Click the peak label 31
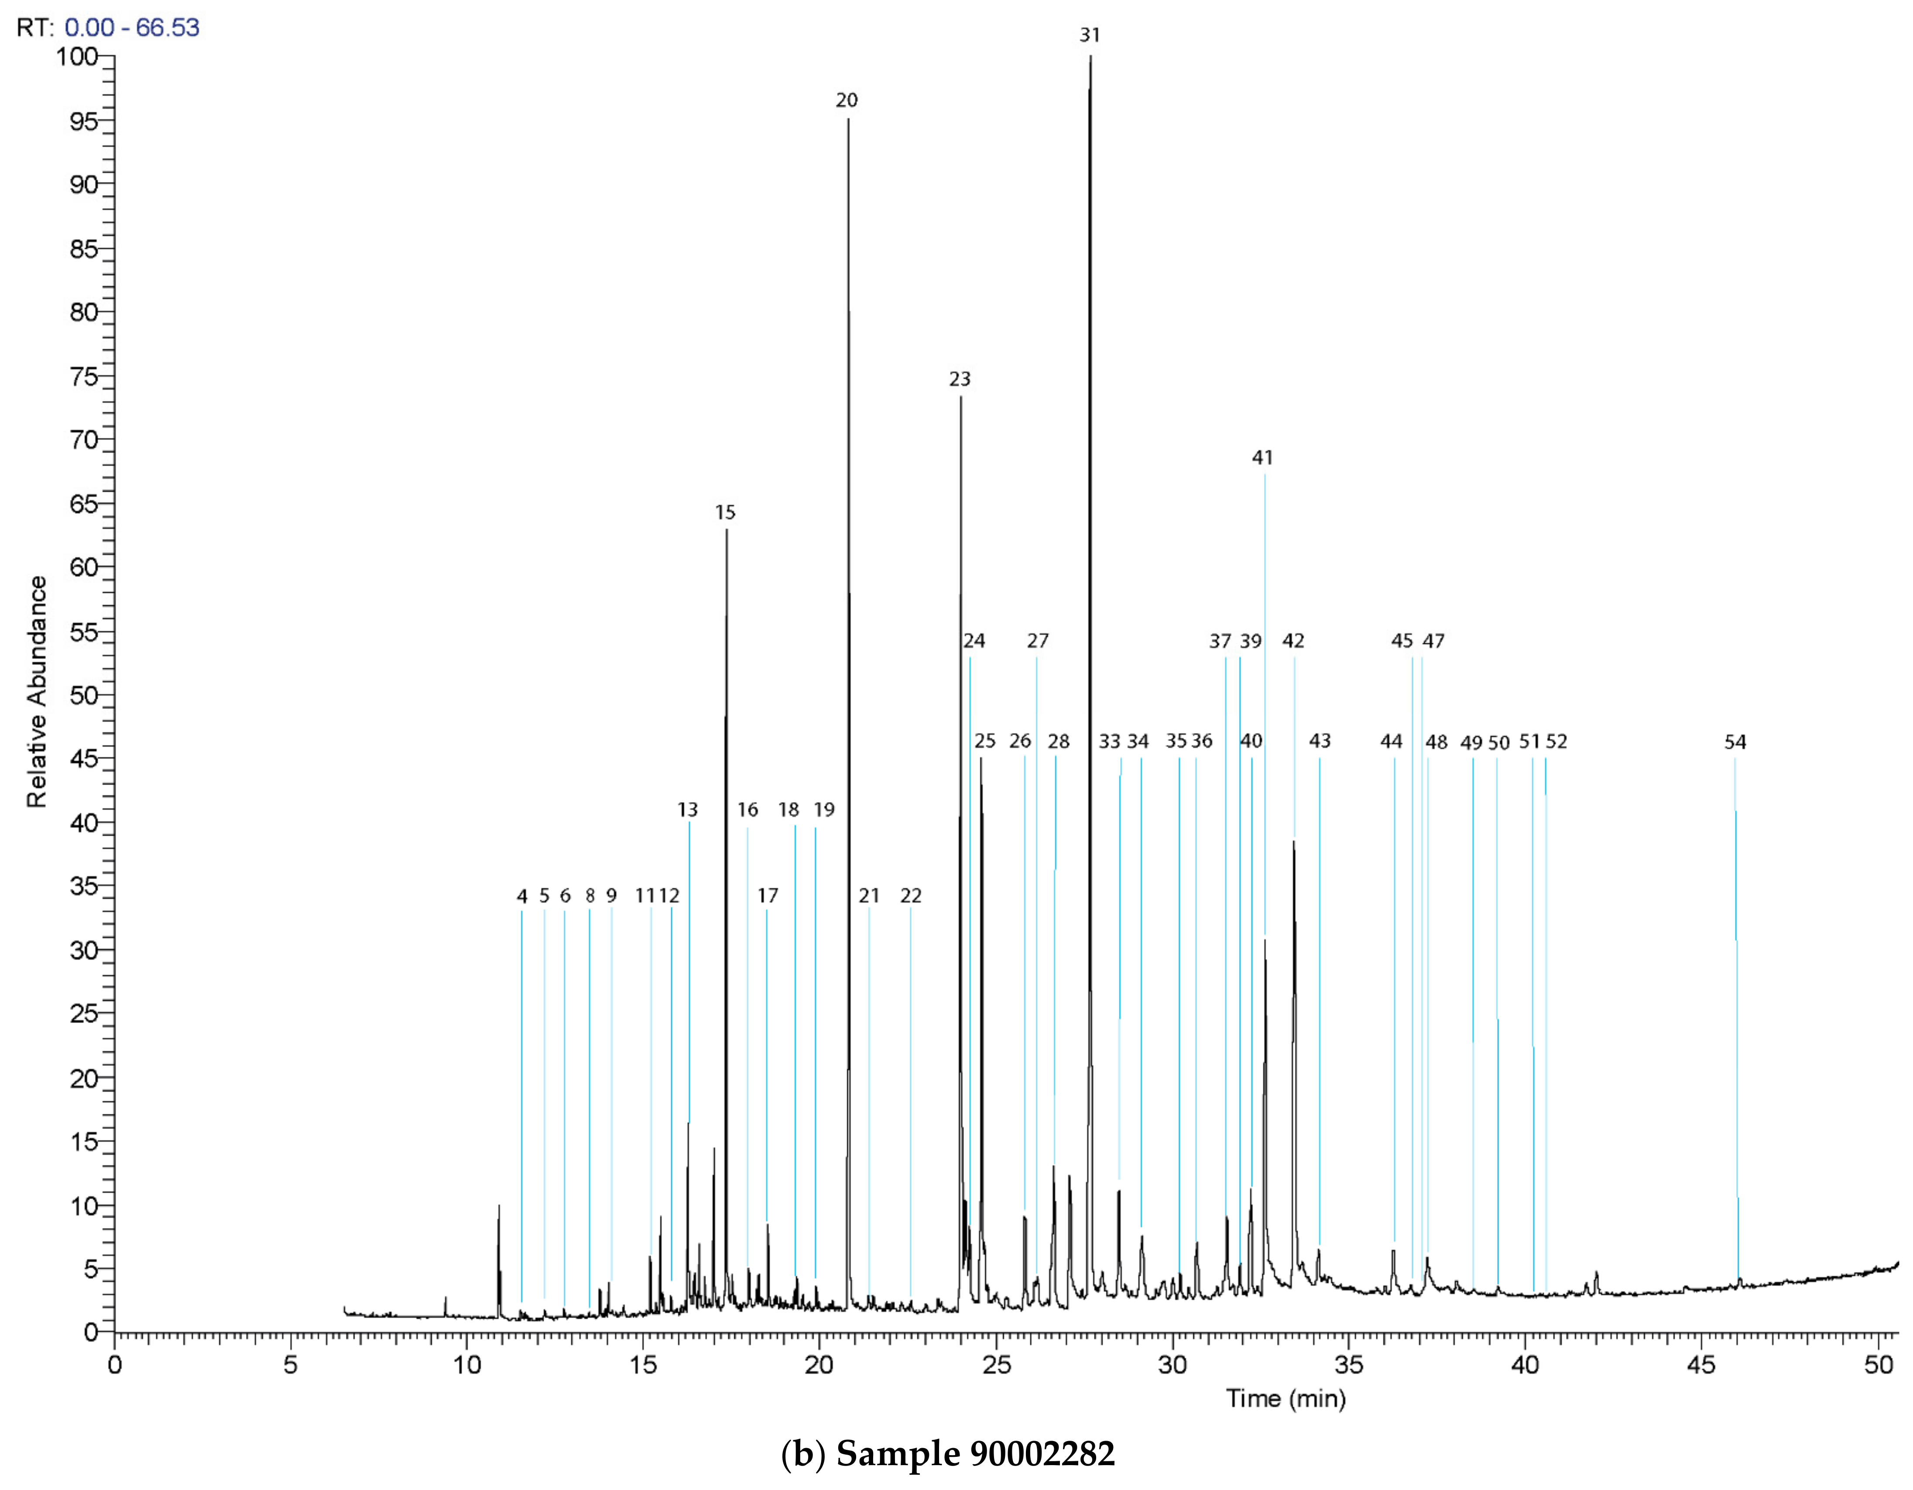click(1090, 35)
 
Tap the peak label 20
click(846, 101)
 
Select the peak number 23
click(960, 379)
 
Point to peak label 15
click(725, 512)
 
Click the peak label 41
click(1262, 457)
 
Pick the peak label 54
click(1735, 743)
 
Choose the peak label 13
click(688, 810)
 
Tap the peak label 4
click(522, 896)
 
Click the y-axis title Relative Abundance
click(37, 692)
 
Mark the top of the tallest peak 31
click(1090, 57)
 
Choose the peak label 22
click(911, 896)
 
